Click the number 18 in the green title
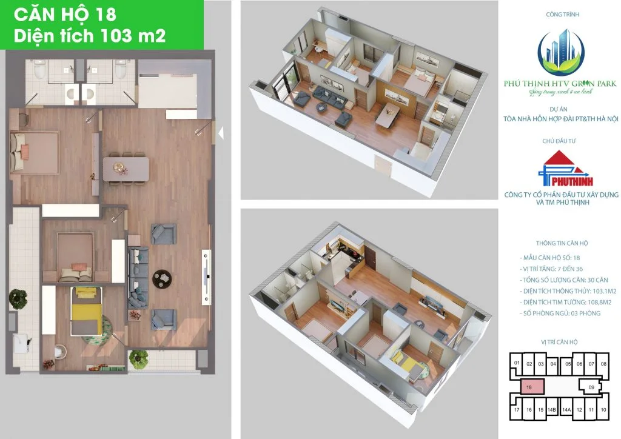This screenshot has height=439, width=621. (106, 15)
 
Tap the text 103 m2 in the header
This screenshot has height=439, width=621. (133, 36)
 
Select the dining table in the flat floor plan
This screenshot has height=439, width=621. (126, 169)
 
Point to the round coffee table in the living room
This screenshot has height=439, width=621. (162, 280)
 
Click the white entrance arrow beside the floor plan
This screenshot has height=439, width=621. (221, 133)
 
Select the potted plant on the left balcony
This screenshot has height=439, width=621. (18, 298)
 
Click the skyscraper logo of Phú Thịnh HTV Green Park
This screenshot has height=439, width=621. (560, 53)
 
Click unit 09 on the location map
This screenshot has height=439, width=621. (591, 387)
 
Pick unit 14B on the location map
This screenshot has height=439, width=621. (552, 410)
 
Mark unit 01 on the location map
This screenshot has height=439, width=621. (517, 363)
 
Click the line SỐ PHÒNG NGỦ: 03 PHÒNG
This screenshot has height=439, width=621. (560, 313)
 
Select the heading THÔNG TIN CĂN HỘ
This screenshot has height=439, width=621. (562, 243)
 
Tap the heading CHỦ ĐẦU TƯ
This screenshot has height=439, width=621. (559, 141)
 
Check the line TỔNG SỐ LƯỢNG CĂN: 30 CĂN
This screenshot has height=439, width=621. (564, 280)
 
